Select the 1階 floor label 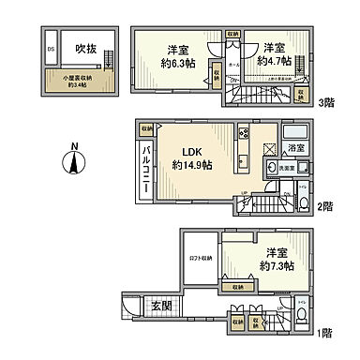tap(328, 331)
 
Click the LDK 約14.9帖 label tap(190, 158)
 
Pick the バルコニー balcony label tap(146, 165)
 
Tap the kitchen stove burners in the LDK tap(243, 132)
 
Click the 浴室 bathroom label tap(297, 147)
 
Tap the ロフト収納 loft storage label tap(201, 257)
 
